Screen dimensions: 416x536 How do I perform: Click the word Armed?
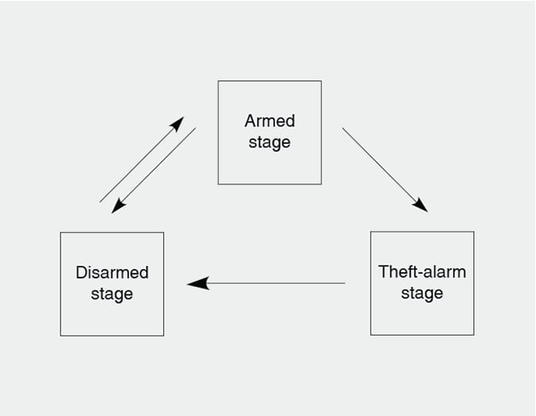pyautogui.click(x=270, y=122)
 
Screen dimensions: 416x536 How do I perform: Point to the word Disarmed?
pyautogui.click(x=112, y=273)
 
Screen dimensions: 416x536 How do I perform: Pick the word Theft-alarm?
pyautogui.click(x=422, y=271)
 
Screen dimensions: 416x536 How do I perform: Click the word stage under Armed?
pyautogui.click(x=270, y=144)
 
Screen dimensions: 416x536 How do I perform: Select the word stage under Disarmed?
pyautogui.click(x=112, y=295)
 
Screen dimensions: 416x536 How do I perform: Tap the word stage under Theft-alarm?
pyautogui.click(x=422, y=294)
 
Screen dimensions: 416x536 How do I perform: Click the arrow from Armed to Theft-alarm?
pyautogui.click(x=383, y=169)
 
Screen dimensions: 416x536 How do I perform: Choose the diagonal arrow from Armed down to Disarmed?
pyautogui.click(x=154, y=169)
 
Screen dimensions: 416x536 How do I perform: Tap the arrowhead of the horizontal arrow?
pyautogui.click(x=197, y=283)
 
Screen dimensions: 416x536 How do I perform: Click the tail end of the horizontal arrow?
pyautogui.click(x=344, y=283)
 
